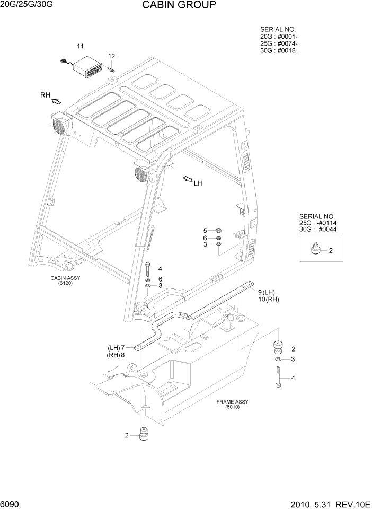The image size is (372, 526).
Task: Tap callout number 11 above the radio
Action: [81, 47]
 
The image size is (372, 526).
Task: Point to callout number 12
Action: [112, 56]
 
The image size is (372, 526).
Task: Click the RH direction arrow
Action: [55, 99]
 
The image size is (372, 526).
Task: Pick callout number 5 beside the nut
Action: [205, 231]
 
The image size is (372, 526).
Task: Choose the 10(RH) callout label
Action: [268, 300]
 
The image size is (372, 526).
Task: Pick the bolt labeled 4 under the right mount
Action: [278, 378]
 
